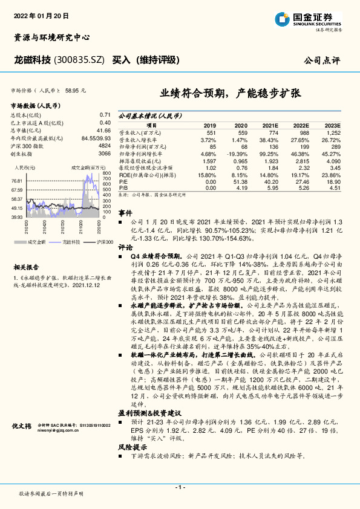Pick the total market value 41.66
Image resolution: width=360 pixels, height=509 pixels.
pyautogui.click(x=103, y=130)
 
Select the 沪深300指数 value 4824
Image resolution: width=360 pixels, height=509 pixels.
pyautogui.click(x=104, y=146)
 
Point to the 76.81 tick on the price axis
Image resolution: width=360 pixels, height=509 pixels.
pyautogui.click(x=16, y=181)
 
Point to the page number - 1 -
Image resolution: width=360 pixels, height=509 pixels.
pyautogui.click(x=180, y=487)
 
